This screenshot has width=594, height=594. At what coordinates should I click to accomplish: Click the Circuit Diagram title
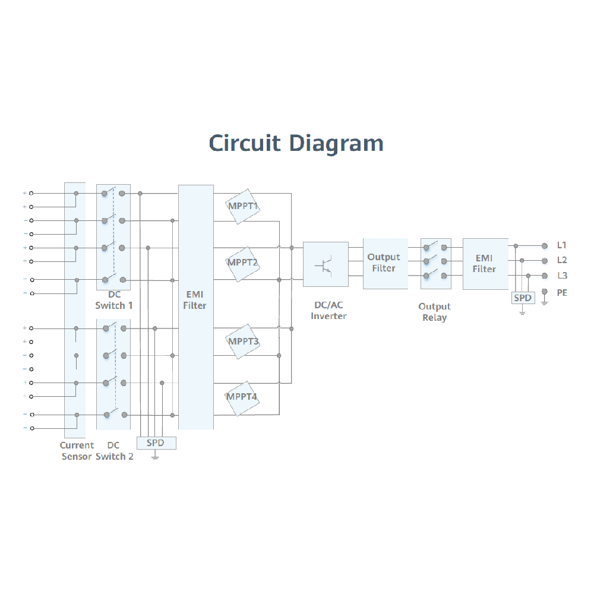(x=296, y=143)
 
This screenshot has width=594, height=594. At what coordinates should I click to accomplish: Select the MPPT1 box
(x=243, y=207)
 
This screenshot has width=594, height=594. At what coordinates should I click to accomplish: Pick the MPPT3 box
(x=243, y=342)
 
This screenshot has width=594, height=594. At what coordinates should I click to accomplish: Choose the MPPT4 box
(x=242, y=397)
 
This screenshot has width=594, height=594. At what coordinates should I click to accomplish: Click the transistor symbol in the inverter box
(x=326, y=264)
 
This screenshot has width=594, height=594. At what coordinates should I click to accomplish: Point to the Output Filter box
(x=384, y=263)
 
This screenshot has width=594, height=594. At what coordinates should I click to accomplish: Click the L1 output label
(x=562, y=245)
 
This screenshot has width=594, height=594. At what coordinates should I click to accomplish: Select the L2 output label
(x=562, y=260)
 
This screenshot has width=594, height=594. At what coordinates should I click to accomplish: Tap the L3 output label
(x=562, y=276)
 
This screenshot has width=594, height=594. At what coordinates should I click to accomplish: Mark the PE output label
(x=562, y=293)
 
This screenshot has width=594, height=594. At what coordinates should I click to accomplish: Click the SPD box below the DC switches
(x=156, y=443)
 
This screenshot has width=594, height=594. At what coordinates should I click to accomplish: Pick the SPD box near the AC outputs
(x=523, y=298)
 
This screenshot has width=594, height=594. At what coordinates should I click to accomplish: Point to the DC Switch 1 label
(x=114, y=300)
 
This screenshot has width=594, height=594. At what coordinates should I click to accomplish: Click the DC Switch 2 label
(x=114, y=451)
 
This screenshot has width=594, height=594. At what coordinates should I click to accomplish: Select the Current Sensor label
(x=77, y=451)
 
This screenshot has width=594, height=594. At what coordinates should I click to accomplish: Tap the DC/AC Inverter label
(x=328, y=311)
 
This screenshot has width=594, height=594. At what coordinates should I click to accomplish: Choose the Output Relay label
(x=434, y=312)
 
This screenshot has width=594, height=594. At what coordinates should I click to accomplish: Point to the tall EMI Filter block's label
(x=195, y=300)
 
